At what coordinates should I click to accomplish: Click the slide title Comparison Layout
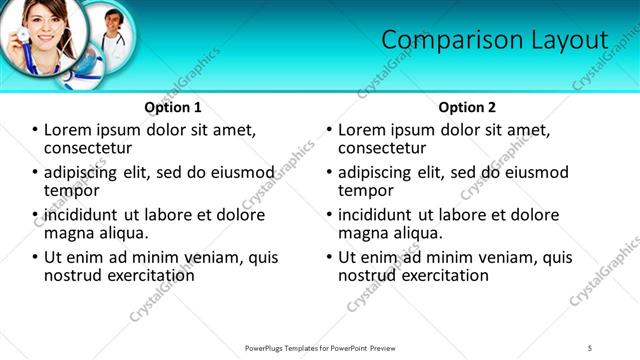495,40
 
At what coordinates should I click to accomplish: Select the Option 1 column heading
173,107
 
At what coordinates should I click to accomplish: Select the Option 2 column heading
467,107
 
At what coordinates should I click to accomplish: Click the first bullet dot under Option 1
35,130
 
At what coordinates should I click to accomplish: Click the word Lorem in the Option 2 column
361,130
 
